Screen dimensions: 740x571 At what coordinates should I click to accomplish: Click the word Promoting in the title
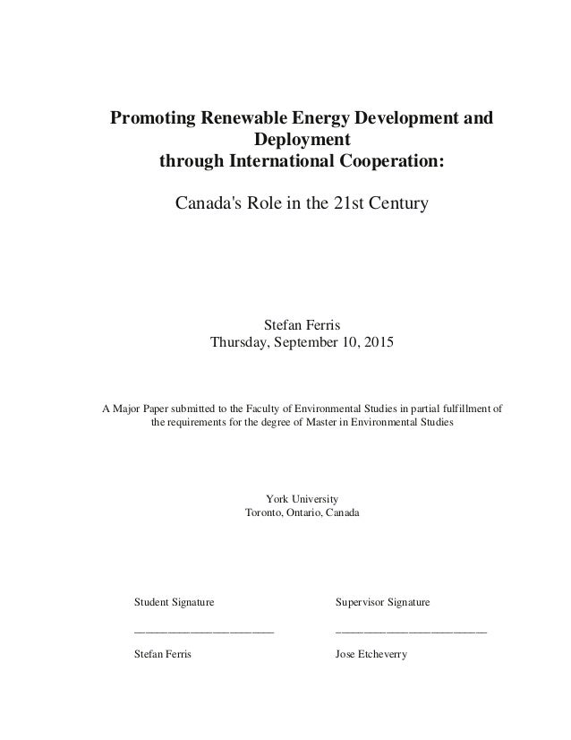[151, 119]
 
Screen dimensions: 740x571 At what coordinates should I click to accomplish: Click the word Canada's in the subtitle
[206, 205]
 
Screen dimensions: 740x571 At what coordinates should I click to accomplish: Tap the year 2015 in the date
[373, 343]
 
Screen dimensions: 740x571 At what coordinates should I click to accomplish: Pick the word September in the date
[301, 343]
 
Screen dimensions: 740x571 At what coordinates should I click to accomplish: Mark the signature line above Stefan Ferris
[203, 632]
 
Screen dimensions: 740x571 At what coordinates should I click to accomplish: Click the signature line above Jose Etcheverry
[411, 632]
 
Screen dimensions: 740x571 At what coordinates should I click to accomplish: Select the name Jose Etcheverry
[371, 655]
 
